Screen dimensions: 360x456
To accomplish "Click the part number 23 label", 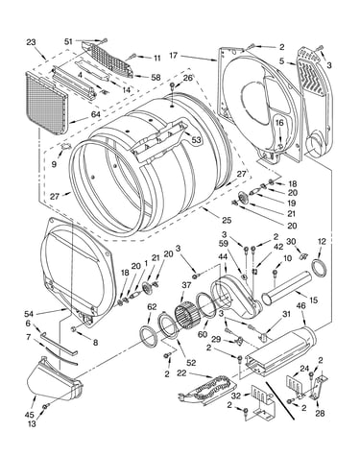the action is tap(31, 42).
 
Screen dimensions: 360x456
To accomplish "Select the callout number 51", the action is tap(68, 41).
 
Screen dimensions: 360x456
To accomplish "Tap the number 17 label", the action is tap(173, 56).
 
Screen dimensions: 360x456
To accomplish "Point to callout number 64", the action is tap(95, 114).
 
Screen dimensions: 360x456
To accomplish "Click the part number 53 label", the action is tap(196, 140).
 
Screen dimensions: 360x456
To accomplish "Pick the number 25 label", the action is tap(227, 220).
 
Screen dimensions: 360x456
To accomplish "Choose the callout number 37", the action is tap(186, 284).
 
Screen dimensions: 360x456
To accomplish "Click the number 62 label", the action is tap(152, 307).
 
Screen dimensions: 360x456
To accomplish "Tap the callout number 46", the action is tap(300, 306).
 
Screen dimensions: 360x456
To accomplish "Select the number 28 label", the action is tap(320, 413).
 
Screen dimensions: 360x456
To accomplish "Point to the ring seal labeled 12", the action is tap(320, 268).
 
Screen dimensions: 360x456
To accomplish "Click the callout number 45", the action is tap(29, 415).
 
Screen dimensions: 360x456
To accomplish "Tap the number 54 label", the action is tap(30, 313).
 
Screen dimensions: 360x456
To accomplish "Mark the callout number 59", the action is tap(224, 244).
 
